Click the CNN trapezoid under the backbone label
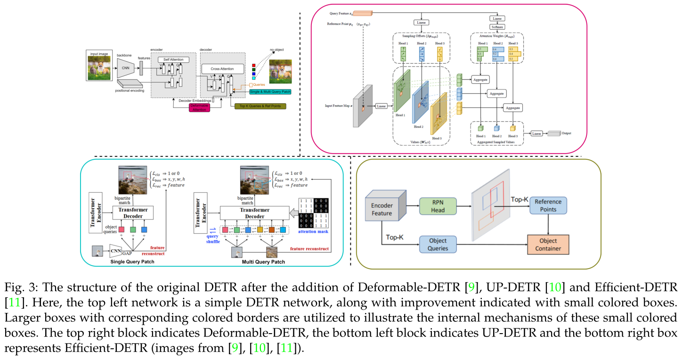[x=125, y=68]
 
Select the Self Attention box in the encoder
[x=173, y=60]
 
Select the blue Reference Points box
[x=548, y=205]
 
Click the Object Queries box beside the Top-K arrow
[x=438, y=245]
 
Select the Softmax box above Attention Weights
[x=497, y=26]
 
